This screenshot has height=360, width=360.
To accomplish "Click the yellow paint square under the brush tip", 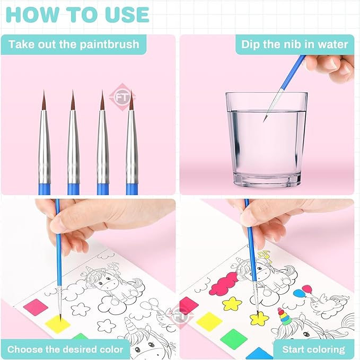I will [x=57, y=323].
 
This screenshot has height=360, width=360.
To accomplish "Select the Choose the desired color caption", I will [x=65, y=349].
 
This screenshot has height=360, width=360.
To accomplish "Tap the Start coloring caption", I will [x=313, y=349].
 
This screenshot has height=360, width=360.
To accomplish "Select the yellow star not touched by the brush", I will [x=232, y=303].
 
